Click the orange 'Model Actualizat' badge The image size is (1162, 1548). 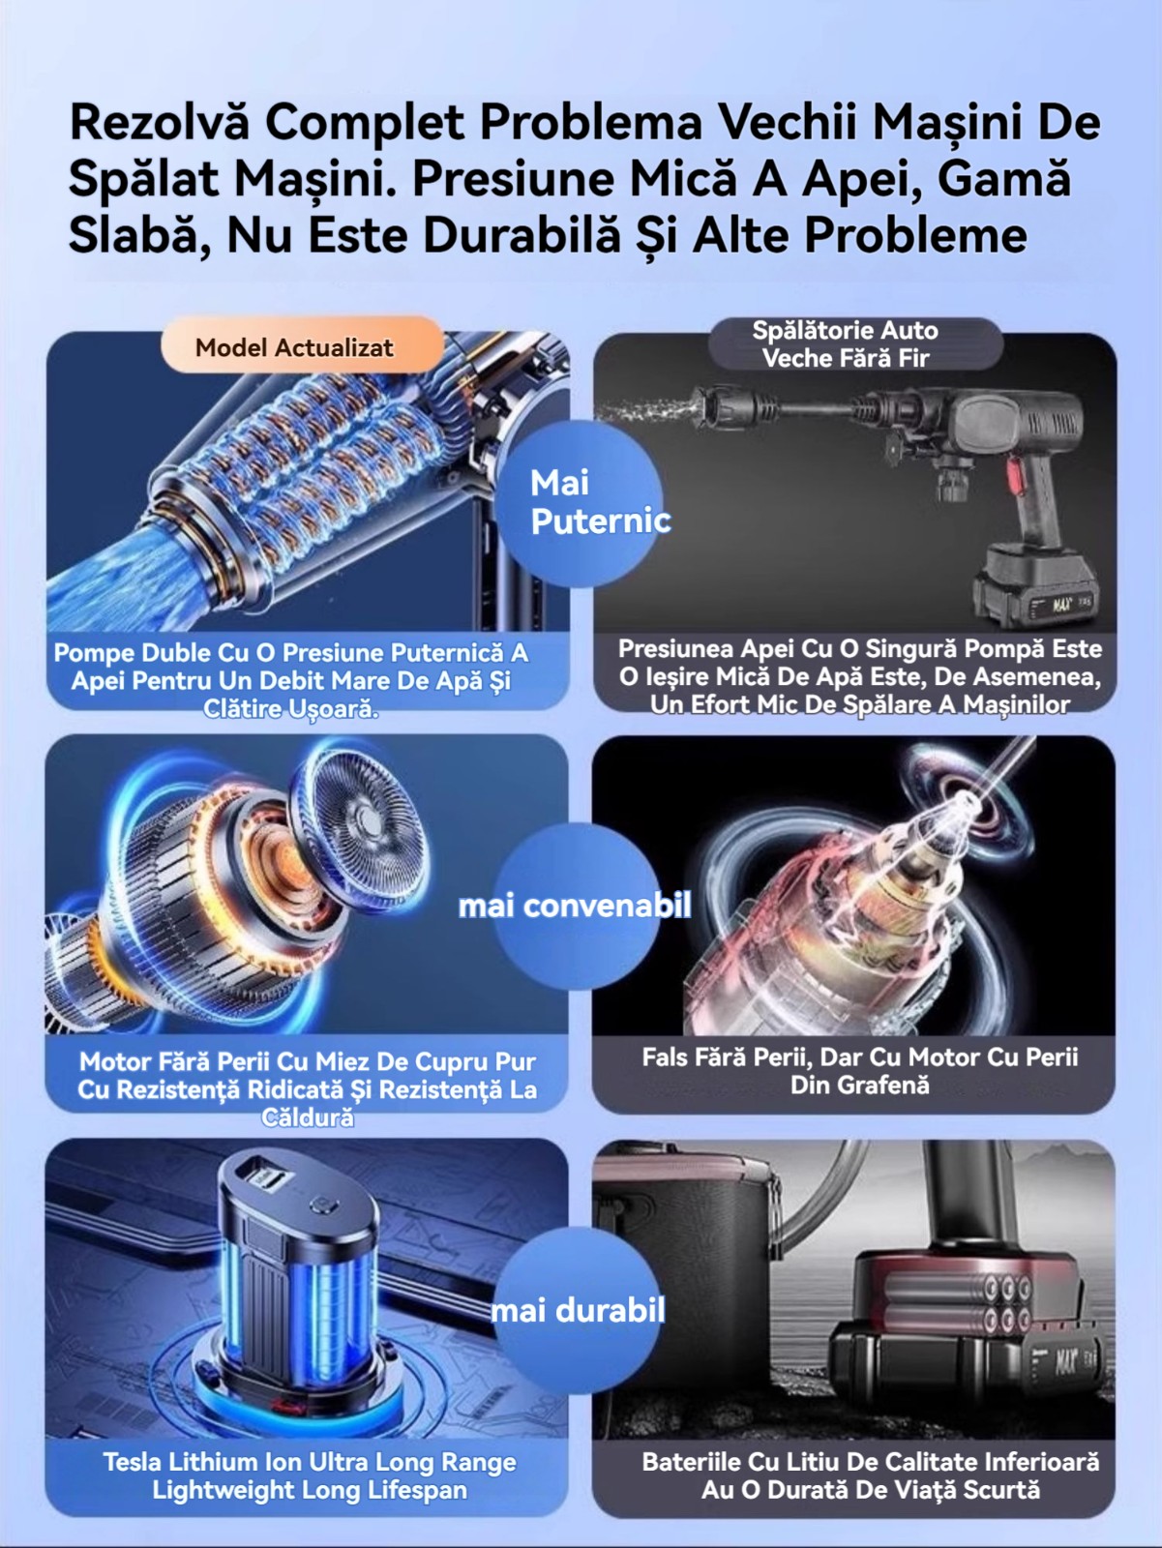302,345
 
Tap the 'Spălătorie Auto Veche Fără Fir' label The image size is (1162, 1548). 845,344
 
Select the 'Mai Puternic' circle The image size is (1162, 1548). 579,502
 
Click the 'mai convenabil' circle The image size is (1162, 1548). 576,906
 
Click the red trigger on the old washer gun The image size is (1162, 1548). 1015,475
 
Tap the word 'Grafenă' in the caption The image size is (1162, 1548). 859,1085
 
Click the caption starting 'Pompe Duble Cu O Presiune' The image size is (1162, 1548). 290,680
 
